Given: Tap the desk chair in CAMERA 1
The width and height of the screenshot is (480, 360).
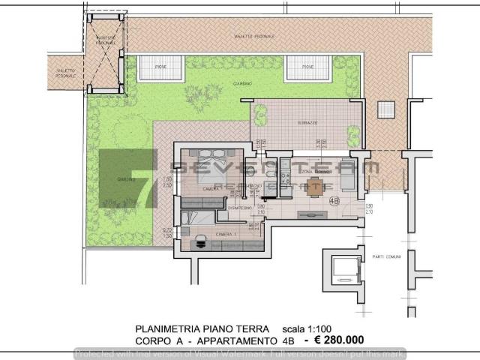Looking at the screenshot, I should [x=201, y=241].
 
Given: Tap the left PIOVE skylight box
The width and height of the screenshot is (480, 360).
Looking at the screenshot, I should [x=160, y=69].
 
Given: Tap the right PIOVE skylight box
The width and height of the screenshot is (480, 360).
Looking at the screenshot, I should [x=307, y=69].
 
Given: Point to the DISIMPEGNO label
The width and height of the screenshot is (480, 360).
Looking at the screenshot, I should [x=229, y=208].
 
